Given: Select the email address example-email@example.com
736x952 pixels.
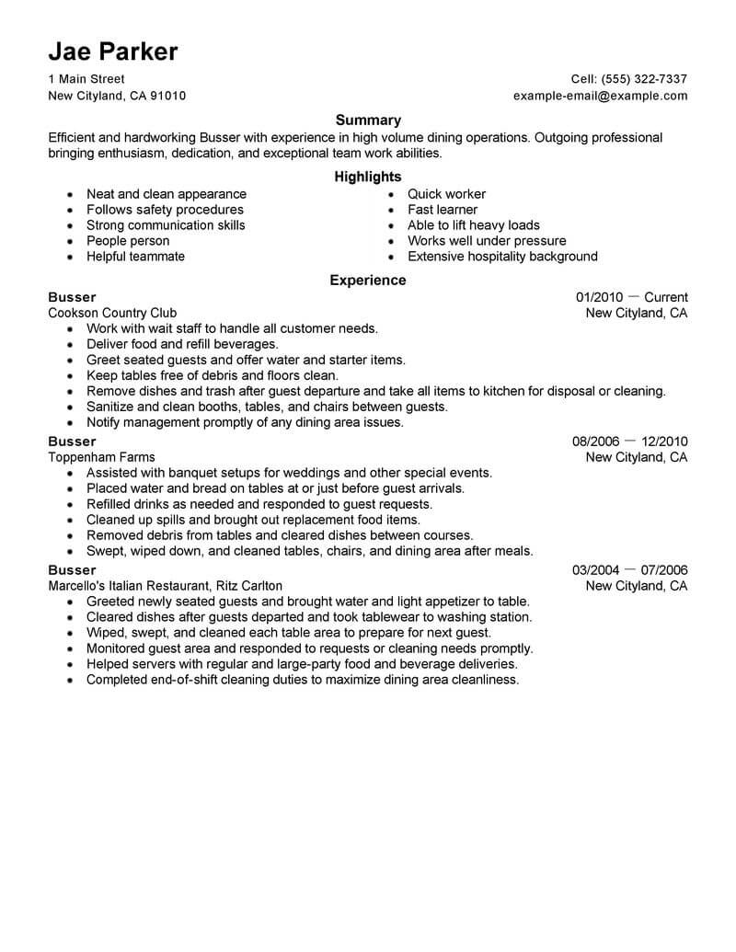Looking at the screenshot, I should pyautogui.click(x=600, y=96).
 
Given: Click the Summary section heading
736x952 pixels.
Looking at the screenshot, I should pyautogui.click(x=368, y=120).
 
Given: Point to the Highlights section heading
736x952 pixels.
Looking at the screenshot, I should pyautogui.click(x=368, y=177).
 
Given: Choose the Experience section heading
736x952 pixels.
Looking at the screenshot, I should pyautogui.click(x=368, y=281).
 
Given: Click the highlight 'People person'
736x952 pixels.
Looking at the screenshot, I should pyautogui.click(x=128, y=241).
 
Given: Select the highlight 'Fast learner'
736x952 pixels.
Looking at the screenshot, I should pyautogui.click(x=443, y=210).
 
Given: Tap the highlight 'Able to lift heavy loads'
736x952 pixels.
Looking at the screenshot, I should pyautogui.click(x=474, y=225).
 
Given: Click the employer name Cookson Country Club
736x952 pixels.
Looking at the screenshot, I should pyautogui.click(x=112, y=313).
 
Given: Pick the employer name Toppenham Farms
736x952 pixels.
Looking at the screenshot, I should pyautogui.click(x=101, y=457).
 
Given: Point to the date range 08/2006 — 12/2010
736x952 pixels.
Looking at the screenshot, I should pyautogui.click(x=629, y=442).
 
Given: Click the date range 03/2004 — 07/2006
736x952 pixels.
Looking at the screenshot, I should pyautogui.click(x=629, y=570).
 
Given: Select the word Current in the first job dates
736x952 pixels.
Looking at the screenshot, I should pyautogui.click(x=666, y=297).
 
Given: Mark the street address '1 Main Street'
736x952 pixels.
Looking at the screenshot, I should pyautogui.click(x=86, y=79).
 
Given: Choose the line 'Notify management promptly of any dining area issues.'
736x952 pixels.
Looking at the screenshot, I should pyautogui.click(x=245, y=422).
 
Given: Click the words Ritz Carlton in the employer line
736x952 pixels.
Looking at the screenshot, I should pyautogui.click(x=249, y=586).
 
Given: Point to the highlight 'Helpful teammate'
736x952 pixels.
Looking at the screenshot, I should pyautogui.click(x=135, y=257).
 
